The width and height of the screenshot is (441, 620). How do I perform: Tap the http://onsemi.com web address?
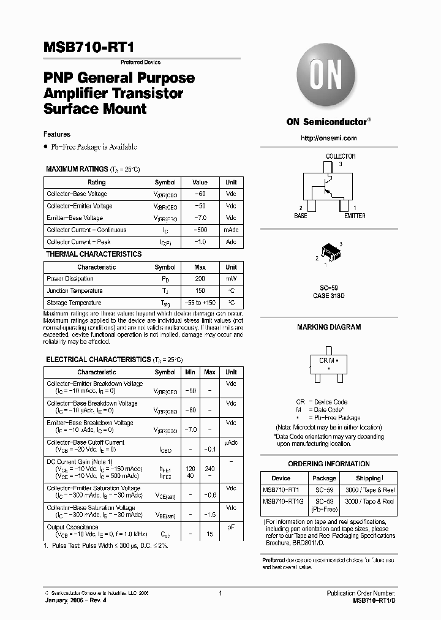(x=329, y=138)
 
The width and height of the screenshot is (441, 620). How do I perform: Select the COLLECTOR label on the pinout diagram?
(x=341, y=156)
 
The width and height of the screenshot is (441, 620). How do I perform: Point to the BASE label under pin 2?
(x=300, y=216)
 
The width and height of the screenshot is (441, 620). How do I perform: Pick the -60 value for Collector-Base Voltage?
(x=200, y=194)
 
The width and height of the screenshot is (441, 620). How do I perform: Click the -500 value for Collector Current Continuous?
(x=200, y=230)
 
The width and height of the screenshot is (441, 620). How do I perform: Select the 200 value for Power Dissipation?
(x=200, y=279)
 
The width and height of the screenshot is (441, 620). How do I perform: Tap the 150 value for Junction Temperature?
(x=200, y=291)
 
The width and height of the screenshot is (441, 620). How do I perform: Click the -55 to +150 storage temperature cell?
(x=200, y=303)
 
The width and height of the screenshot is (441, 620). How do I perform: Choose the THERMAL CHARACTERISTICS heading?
(x=94, y=254)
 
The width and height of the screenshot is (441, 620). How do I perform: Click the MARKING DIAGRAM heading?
(x=329, y=327)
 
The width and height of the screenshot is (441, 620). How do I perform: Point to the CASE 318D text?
(x=329, y=295)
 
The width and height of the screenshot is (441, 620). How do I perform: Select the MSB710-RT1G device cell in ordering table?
(x=281, y=501)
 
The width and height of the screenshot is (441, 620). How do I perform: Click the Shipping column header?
(x=368, y=478)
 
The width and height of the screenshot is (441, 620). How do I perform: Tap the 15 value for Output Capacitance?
(x=209, y=534)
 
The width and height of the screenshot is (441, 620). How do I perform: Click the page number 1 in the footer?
(x=220, y=594)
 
